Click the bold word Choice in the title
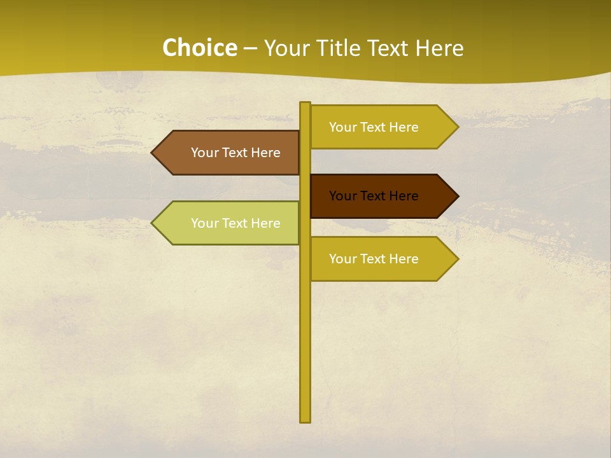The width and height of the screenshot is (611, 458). coord(199,48)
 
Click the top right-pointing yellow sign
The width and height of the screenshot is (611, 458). coord(376,127)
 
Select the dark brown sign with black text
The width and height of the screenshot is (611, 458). coord(376,196)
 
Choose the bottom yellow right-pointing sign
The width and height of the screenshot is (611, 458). coord(376,259)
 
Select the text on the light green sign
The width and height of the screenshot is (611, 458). coord(235,223)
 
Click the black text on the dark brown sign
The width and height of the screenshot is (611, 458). coord(374,196)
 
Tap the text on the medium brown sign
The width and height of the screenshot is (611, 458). coord(235,153)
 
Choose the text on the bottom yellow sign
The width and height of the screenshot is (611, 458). coord(374,259)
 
